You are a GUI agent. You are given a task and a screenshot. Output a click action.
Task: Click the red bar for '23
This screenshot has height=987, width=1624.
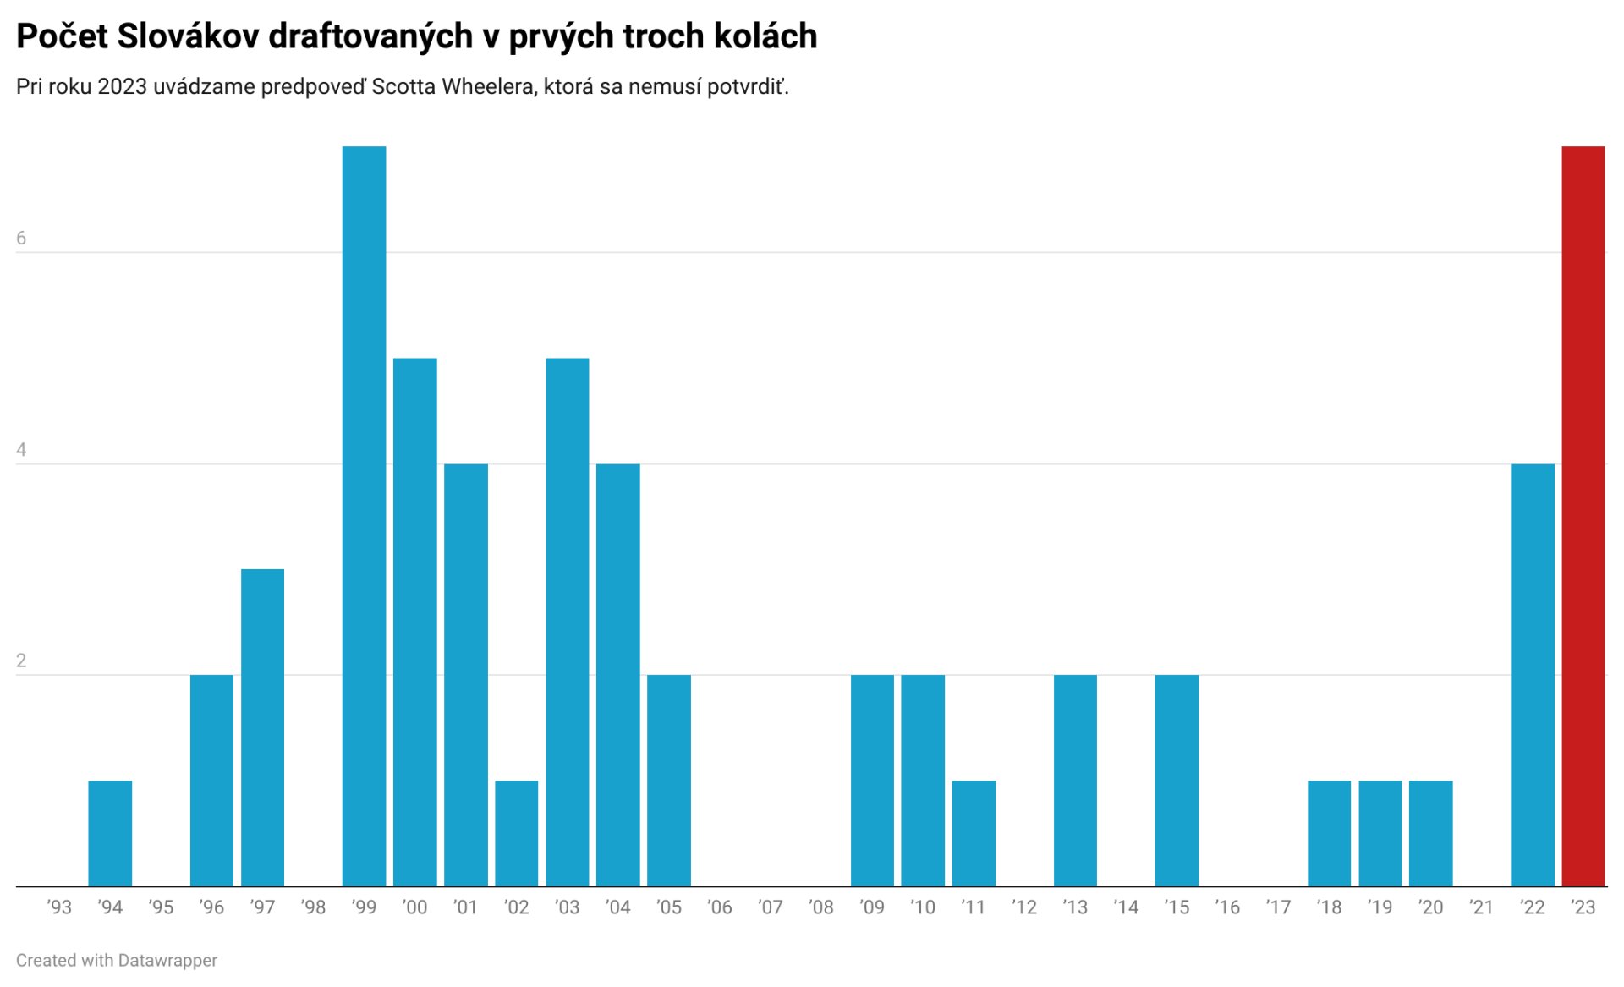(x=1583, y=516)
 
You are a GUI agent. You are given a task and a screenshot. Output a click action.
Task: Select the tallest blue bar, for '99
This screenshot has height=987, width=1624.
(x=364, y=516)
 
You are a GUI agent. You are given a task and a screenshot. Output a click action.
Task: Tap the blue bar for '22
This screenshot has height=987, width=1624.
(x=1532, y=675)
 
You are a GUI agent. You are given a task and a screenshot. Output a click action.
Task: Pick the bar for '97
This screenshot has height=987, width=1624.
(x=262, y=727)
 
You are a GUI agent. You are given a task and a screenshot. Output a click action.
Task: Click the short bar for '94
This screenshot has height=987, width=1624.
(x=110, y=833)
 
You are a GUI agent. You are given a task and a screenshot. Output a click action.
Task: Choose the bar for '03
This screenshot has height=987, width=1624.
(x=567, y=622)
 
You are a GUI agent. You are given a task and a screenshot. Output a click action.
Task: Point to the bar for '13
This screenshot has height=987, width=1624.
(x=1075, y=780)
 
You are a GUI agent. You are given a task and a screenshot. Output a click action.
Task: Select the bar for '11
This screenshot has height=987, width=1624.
(x=974, y=833)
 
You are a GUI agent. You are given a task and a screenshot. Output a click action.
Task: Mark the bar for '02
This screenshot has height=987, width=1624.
(x=516, y=833)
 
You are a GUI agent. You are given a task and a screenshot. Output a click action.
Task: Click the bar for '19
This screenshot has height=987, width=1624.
(x=1380, y=833)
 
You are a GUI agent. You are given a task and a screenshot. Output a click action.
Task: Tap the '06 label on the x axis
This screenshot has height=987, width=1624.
(x=719, y=907)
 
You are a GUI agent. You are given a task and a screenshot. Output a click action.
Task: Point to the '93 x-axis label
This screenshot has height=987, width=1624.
(x=59, y=907)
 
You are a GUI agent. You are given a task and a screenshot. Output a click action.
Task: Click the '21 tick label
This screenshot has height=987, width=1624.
(x=1481, y=907)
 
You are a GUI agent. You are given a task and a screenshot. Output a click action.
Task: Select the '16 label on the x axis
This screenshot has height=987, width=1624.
(x=1227, y=907)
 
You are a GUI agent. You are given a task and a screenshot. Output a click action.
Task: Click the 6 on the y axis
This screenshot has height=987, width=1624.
(x=21, y=239)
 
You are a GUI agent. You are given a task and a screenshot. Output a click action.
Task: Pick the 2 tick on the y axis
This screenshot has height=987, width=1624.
(x=21, y=661)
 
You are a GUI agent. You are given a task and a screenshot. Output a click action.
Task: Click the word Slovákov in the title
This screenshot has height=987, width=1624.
(x=188, y=36)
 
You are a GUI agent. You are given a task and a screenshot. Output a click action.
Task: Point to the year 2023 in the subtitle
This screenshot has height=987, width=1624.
(x=123, y=87)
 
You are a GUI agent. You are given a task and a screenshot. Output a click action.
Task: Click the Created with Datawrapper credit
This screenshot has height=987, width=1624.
(x=117, y=961)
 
